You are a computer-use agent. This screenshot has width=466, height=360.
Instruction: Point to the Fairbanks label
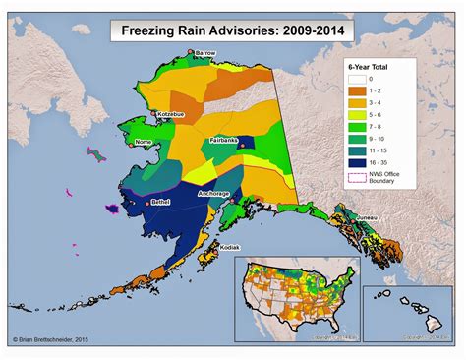click(x=224, y=141)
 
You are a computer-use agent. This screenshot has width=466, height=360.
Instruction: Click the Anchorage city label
click(x=213, y=194)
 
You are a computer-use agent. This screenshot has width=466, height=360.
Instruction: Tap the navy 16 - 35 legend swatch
click(x=358, y=163)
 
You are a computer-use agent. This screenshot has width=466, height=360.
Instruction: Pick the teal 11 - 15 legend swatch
click(x=358, y=152)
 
